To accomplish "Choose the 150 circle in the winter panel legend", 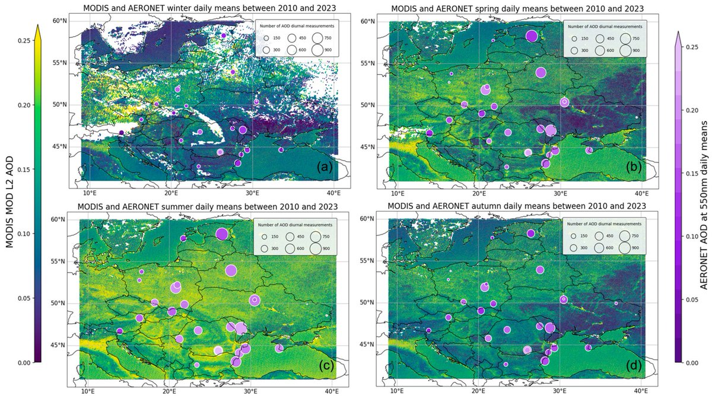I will click(x=266, y=38).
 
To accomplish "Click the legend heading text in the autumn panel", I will click(x=605, y=224).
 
